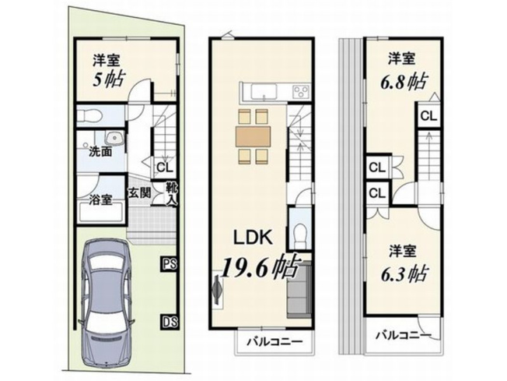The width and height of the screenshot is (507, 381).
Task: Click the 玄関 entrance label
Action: (140, 192)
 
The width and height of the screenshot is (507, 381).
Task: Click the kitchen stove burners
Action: (299, 92)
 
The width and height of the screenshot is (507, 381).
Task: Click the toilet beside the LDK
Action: (301, 233)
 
